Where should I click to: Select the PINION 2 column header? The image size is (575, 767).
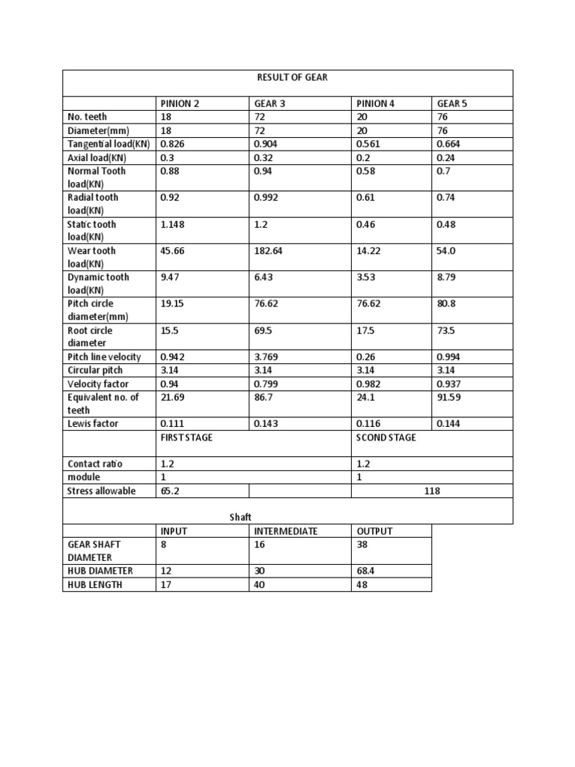(x=180, y=103)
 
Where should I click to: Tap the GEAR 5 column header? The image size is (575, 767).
(x=452, y=103)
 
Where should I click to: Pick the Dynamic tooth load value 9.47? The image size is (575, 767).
(x=172, y=277)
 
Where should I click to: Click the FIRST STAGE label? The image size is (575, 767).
(x=186, y=437)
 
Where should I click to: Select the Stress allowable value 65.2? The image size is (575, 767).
(x=170, y=491)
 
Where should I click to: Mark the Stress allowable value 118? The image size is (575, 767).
(x=432, y=491)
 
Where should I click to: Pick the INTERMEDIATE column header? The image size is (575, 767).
(x=286, y=531)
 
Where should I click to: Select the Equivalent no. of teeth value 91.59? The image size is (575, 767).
(x=451, y=398)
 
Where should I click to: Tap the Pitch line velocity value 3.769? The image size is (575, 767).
(x=268, y=357)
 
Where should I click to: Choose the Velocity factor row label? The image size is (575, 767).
(x=98, y=384)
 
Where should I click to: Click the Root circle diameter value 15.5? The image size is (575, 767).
(x=171, y=330)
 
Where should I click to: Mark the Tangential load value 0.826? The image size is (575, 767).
(x=174, y=145)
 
